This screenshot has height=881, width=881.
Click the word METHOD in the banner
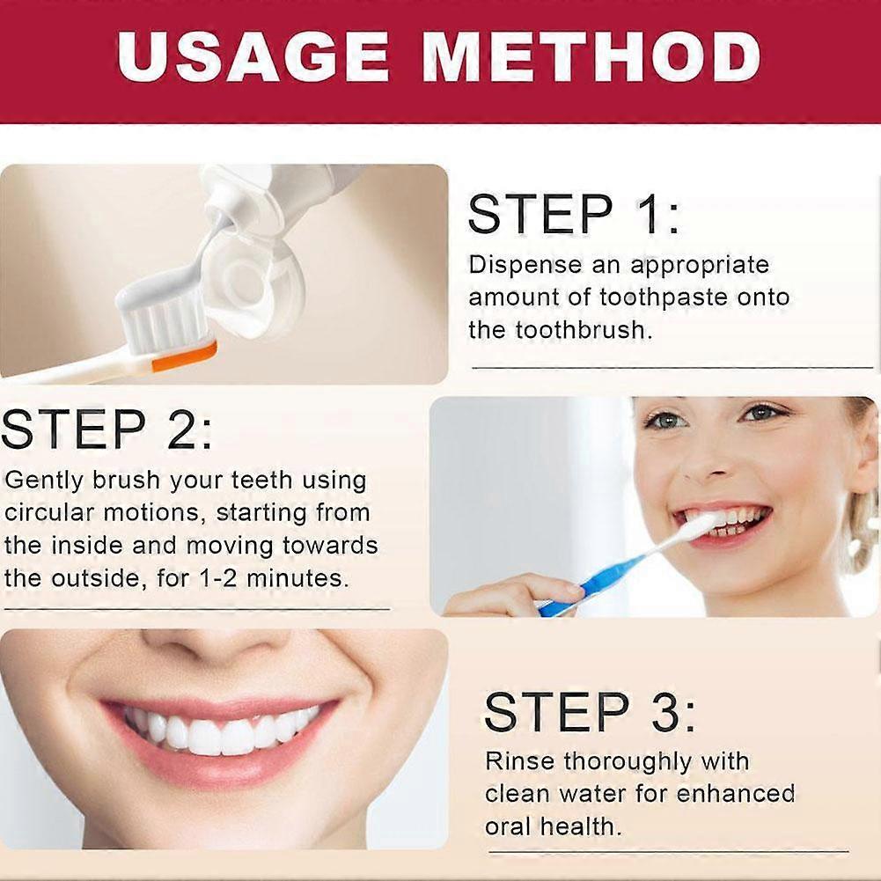click(591, 57)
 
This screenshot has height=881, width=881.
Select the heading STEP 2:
click(106, 429)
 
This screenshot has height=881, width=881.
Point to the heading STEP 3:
click(591, 712)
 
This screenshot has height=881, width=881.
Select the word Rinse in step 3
click(520, 760)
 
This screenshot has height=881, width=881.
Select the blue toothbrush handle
click(598, 576)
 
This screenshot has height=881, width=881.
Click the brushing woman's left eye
click(761, 413)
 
